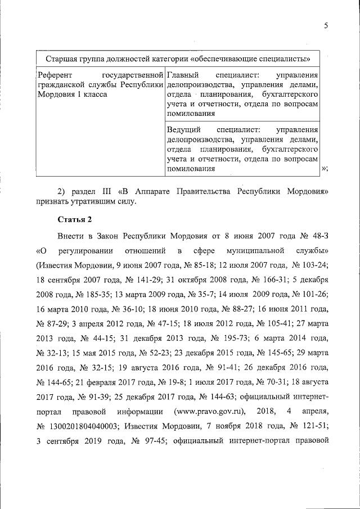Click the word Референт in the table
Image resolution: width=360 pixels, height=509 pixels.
[x=54, y=75]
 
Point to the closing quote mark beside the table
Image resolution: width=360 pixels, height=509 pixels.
[x=325, y=169]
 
